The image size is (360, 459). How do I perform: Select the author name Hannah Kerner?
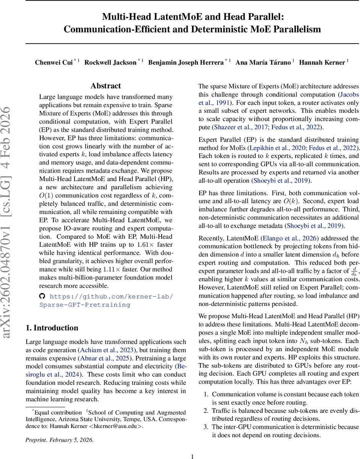click(x=322, y=62)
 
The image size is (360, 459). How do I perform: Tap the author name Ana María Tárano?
click(x=263, y=62)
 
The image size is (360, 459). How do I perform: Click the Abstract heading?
click(x=106, y=86)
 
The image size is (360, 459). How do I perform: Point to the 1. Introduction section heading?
click(x=52, y=328)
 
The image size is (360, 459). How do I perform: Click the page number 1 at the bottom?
click(x=193, y=456)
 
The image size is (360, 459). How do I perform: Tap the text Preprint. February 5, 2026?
click(x=59, y=440)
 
